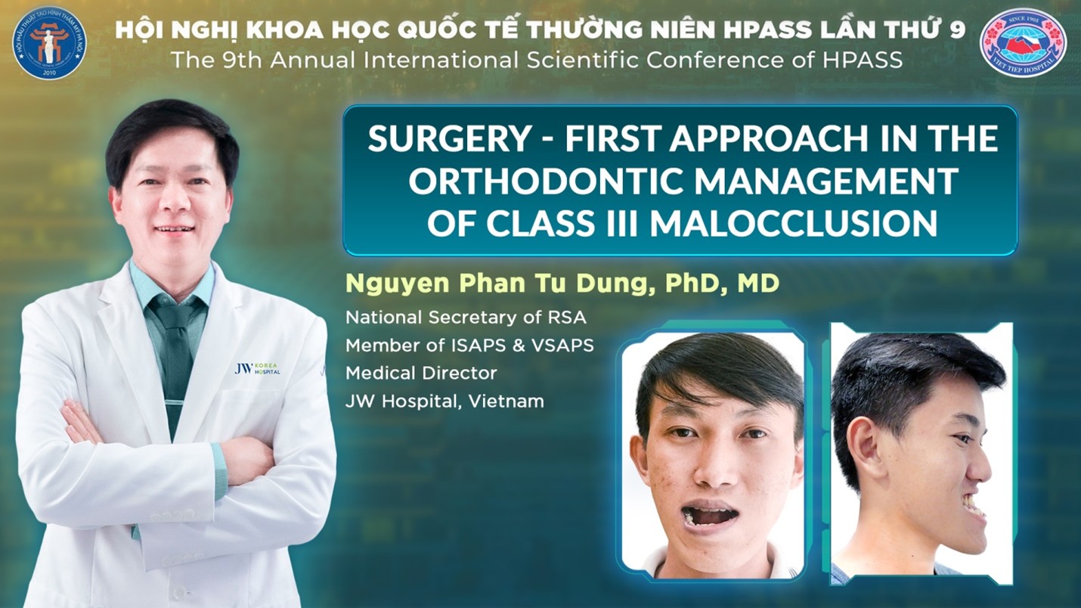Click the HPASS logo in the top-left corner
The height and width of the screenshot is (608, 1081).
(49, 41)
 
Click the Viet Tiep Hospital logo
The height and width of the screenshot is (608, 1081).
(1023, 42)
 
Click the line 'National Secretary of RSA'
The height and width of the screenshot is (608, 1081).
(466, 318)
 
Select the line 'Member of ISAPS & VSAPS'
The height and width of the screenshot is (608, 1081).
(469, 345)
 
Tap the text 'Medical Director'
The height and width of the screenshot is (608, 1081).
(421, 373)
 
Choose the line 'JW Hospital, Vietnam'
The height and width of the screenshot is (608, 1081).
(444, 401)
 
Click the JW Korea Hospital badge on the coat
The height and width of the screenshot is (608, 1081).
(258, 369)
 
